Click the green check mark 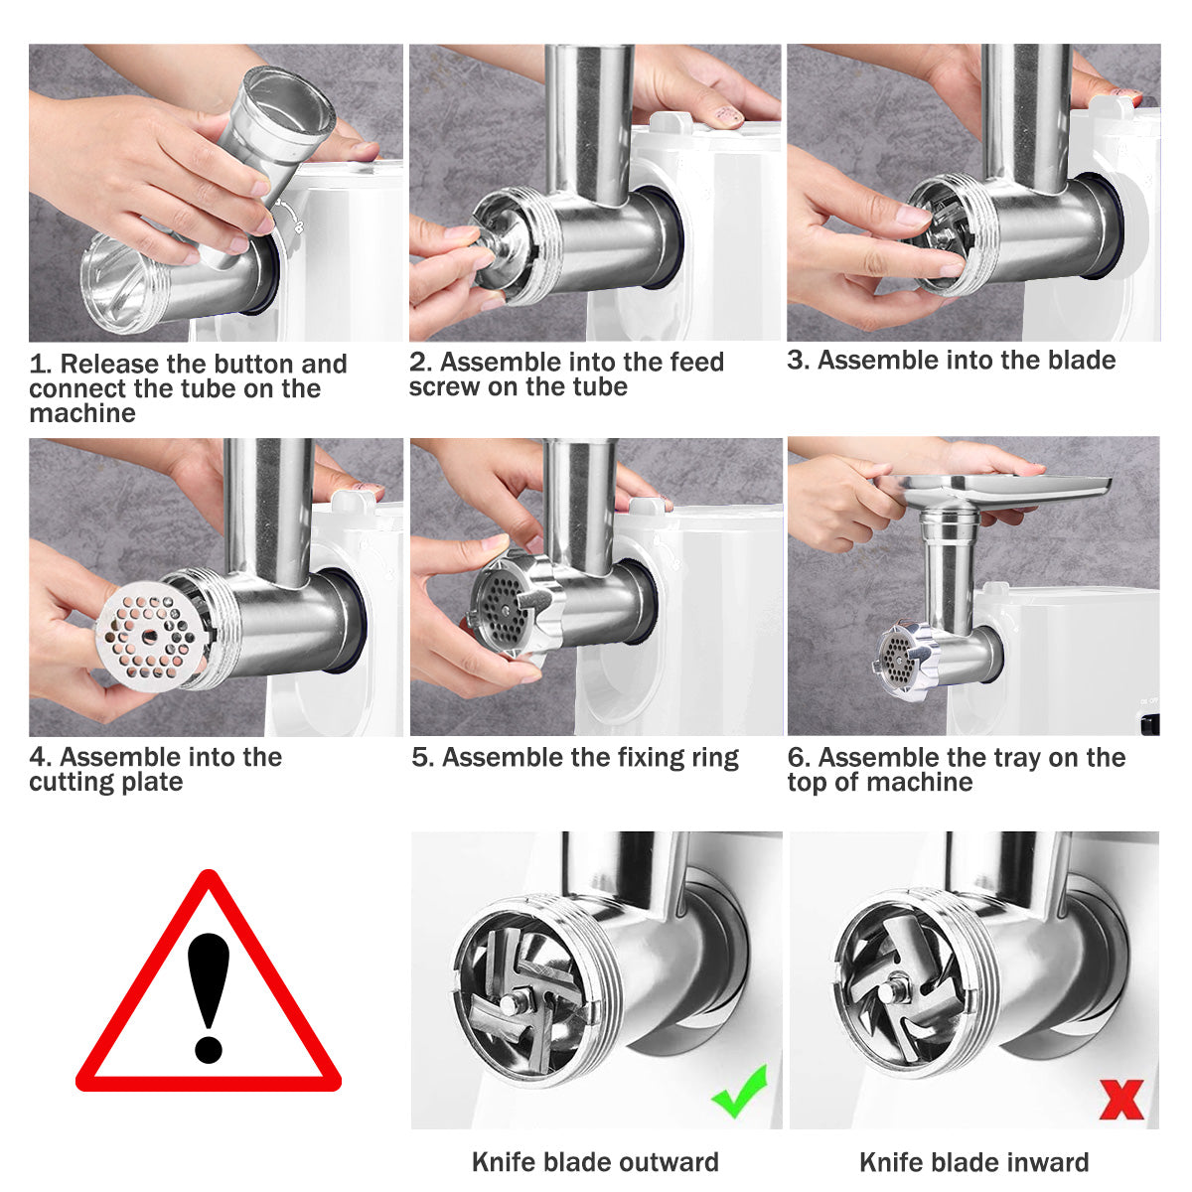tap(740, 1091)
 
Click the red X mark tap(1121, 1099)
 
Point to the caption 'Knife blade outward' tap(595, 1162)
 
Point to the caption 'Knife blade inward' tap(973, 1162)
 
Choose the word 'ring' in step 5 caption tap(714, 758)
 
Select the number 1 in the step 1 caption tap(38, 365)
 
